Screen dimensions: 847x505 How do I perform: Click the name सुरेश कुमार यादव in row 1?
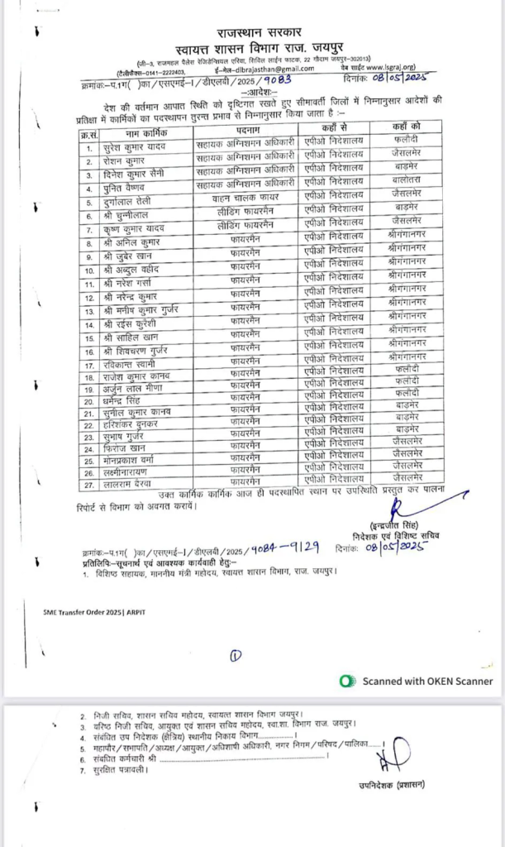(135, 147)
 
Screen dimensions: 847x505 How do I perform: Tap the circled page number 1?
(236, 657)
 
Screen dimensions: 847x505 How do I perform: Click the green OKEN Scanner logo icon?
(348, 681)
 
